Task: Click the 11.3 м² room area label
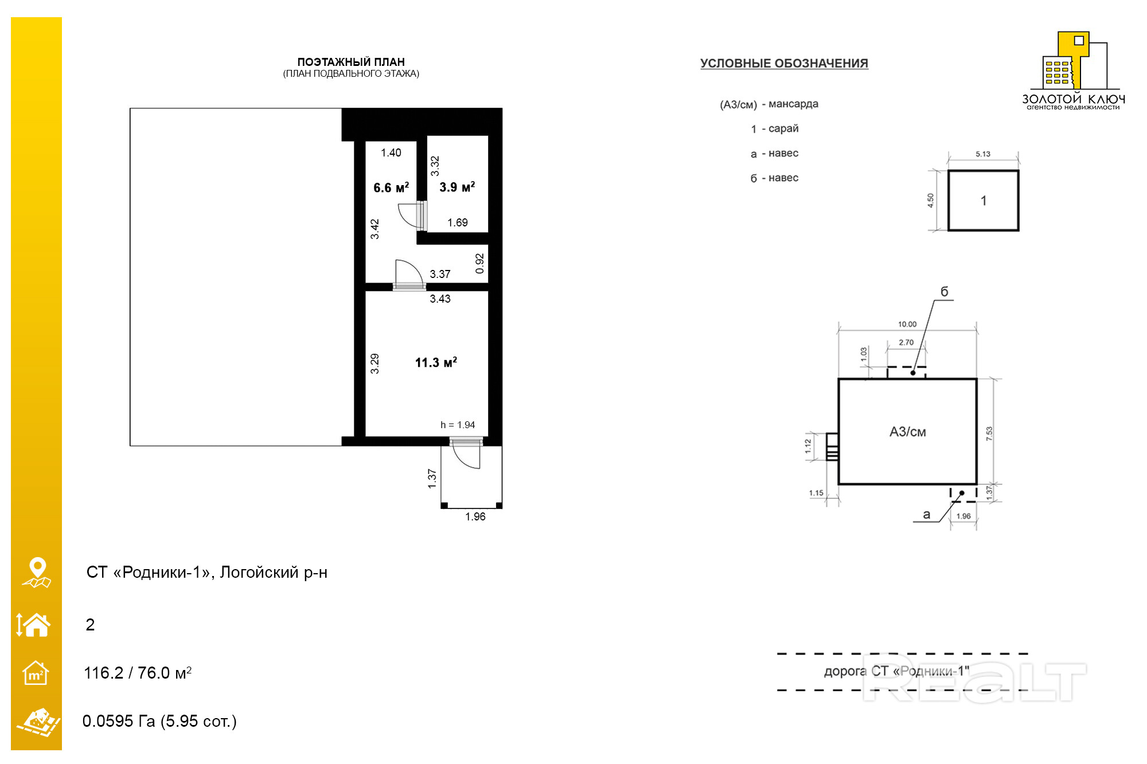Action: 436,362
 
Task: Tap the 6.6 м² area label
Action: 391,187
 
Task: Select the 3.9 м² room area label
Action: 457,187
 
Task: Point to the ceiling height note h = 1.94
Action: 458,425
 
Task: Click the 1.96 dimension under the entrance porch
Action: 475,516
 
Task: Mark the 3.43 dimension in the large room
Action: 440,299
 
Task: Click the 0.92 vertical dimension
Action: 480,263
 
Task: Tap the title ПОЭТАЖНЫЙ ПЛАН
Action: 351,62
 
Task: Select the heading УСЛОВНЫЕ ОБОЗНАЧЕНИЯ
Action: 784,63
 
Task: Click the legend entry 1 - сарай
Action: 775,129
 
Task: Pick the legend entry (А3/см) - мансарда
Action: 769,104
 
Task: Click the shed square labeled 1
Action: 983,201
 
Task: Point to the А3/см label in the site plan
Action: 908,432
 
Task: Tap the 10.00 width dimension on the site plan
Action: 907,324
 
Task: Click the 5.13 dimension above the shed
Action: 983,154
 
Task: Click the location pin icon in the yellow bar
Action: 37,573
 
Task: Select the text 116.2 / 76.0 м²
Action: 138,673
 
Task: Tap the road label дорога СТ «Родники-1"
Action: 896,671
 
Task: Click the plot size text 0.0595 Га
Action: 119,721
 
